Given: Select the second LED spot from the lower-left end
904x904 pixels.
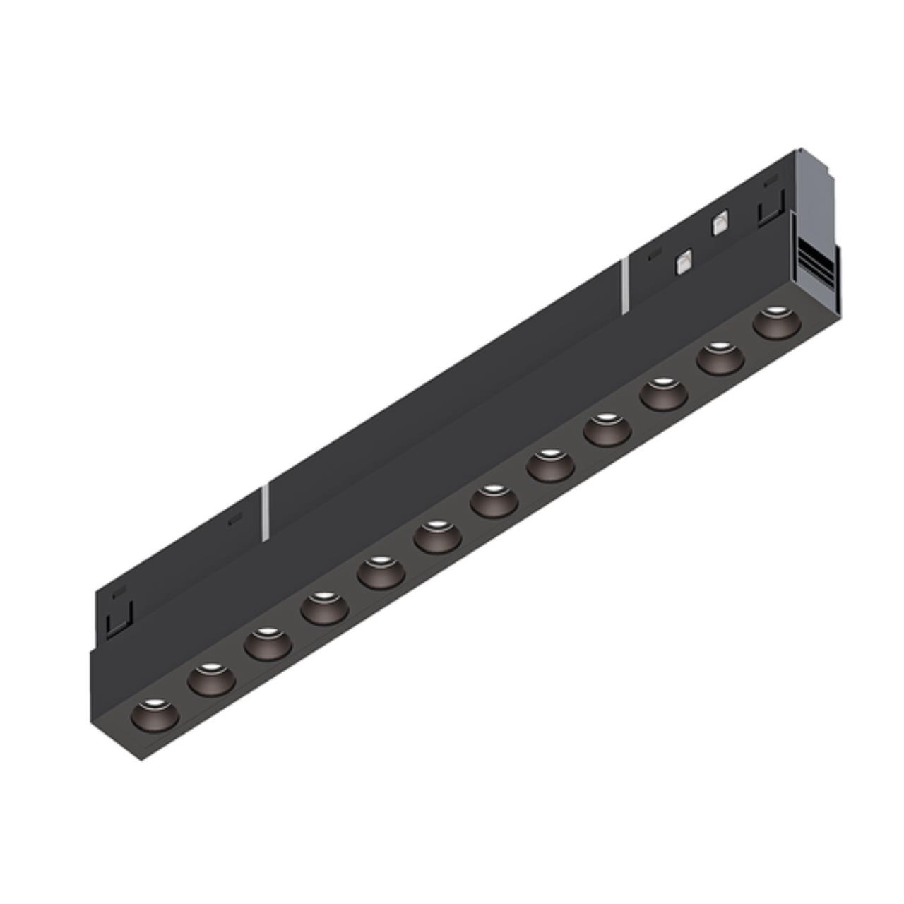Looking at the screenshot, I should [211, 678].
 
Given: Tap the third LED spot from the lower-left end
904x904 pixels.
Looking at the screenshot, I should [268, 643].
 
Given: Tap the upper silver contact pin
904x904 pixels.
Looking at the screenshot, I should [719, 224].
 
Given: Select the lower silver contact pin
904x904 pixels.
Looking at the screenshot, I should [683, 262].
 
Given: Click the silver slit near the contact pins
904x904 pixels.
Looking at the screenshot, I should [624, 285].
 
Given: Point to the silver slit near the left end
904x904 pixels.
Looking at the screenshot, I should [265, 513].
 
